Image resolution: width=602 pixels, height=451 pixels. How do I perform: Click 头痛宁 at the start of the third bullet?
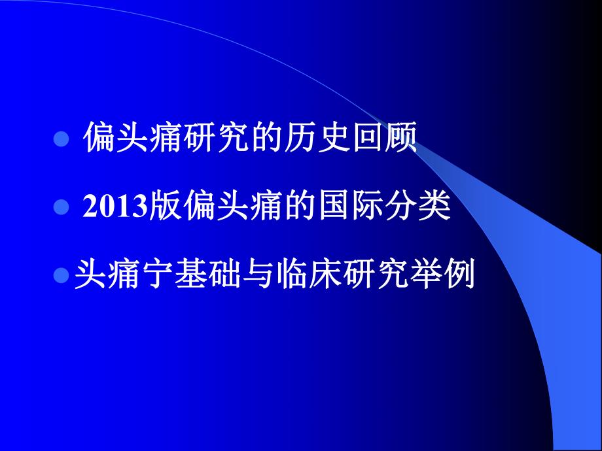124,275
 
